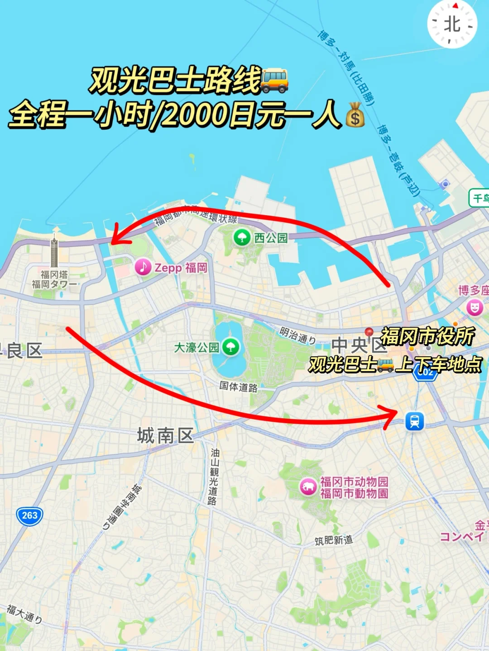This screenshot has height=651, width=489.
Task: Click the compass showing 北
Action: (452, 24)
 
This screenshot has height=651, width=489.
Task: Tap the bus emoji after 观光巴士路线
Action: (275, 80)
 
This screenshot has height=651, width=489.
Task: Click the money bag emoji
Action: (355, 114)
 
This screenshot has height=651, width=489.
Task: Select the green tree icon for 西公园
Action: (242, 237)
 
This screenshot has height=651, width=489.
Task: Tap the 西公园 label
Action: (271, 238)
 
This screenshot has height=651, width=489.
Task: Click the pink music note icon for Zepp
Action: (143, 267)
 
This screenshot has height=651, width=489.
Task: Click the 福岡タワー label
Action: (54, 284)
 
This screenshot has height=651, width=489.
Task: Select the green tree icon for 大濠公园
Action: (231, 347)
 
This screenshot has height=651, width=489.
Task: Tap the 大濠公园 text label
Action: (197, 348)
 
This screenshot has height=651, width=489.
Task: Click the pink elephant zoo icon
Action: (308, 487)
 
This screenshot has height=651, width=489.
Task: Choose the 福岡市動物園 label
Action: (354, 493)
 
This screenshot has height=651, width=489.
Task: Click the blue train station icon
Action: (414, 421)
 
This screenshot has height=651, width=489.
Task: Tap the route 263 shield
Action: (30, 515)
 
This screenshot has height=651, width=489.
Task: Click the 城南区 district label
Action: (165, 436)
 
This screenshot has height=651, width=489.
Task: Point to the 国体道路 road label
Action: (239, 387)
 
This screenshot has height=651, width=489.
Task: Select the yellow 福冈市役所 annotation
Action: (427, 336)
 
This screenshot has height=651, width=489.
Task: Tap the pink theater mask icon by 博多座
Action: (475, 308)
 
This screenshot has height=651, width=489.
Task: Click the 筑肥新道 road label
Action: (334, 540)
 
